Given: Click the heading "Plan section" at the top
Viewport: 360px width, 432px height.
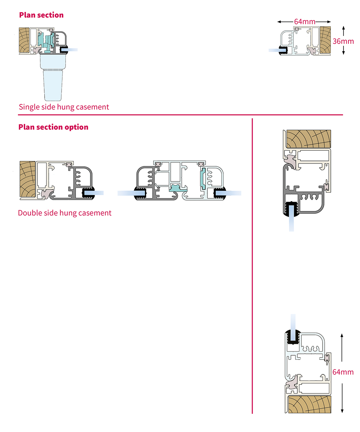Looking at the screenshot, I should coord(41,15).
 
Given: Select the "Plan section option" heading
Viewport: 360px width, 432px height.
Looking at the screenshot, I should coord(53,127).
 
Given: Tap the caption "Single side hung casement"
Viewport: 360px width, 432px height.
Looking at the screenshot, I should coord(64,107).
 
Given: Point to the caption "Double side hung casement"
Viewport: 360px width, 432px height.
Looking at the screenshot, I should coord(65,213).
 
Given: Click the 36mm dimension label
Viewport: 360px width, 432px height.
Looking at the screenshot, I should coord(343,41).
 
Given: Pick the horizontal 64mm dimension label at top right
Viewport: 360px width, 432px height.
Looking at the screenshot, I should coord(305,22).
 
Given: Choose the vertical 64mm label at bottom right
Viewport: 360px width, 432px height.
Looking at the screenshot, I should coord(343,372).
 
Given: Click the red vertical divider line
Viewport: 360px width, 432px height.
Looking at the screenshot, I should coord(252,266).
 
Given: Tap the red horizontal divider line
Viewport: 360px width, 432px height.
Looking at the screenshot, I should coord(180,115).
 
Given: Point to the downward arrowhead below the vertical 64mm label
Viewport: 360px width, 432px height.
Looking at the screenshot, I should coord(342,411).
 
